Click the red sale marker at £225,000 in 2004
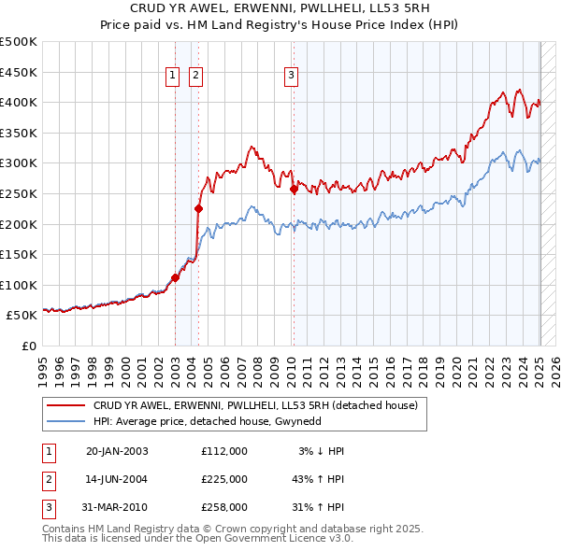[x=198, y=208]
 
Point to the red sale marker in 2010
[x=294, y=189]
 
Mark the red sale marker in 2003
[x=175, y=277]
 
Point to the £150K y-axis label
[x=19, y=254]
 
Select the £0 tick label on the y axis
[x=29, y=346]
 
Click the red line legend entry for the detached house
[x=260, y=404]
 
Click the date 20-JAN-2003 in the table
[x=117, y=451]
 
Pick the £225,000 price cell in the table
[x=223, y=479]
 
